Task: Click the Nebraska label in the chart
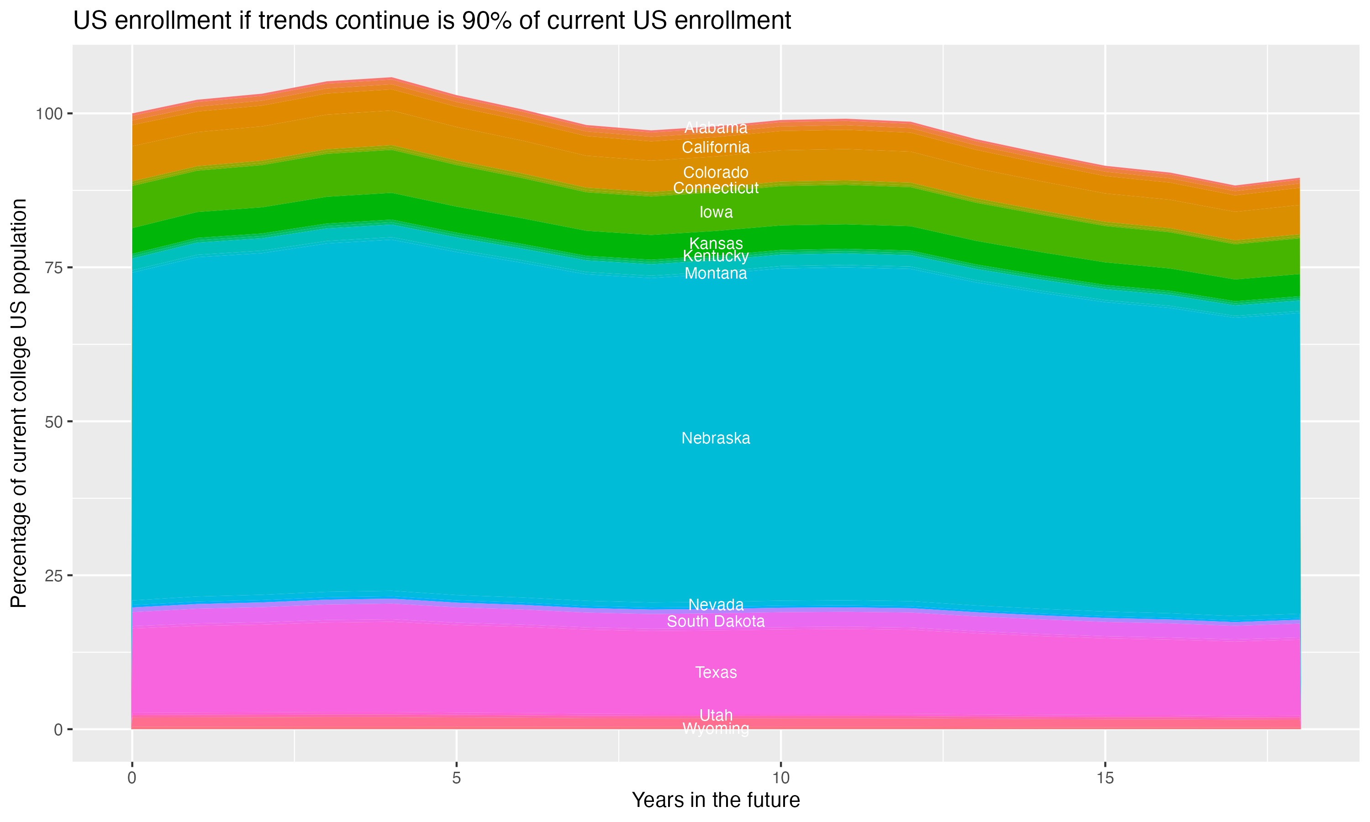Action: point(716,438)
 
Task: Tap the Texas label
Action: point(716,673)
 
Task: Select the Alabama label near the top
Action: point(716,128)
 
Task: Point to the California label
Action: point(716,148)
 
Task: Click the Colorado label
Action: point(716,172)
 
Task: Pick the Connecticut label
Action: point(716,188)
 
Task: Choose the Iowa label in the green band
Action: point(716,212)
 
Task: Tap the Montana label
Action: point(716,274)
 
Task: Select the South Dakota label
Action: point(716,622)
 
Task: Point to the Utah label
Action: point(716,715)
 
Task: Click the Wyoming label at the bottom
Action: point(716,729)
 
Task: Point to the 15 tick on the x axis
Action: point(1105,778)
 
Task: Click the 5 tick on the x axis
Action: point(456,778)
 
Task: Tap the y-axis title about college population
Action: point(19,403)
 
